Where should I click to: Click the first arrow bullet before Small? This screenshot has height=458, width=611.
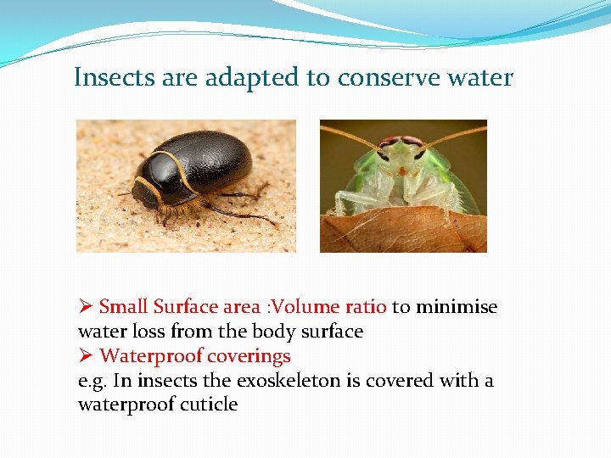tap(86, 307)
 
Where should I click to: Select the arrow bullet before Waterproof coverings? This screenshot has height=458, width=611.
tap(86, 356)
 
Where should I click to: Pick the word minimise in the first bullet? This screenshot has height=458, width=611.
tap(457, 307)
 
